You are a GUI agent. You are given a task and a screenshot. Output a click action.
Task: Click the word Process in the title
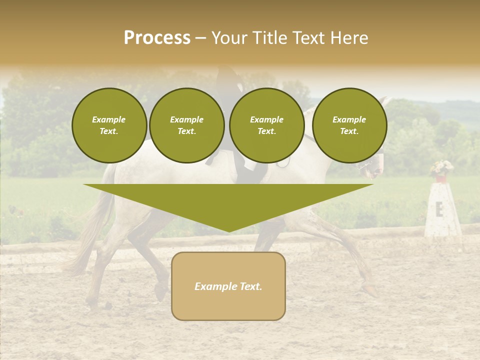pos(157,38)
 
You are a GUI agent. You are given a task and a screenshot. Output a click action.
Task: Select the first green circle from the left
pos(109,125)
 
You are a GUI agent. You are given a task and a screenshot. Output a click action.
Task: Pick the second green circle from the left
pos(187,125)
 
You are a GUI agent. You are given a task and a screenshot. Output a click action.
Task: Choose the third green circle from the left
pos(266,125)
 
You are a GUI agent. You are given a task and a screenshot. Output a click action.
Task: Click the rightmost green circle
pos(349,125)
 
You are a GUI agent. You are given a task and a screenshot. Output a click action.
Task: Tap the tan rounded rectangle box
pos(228,286)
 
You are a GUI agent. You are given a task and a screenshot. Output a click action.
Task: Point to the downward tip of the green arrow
pos(228,230)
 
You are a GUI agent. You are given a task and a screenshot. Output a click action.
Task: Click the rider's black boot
pos(246,170)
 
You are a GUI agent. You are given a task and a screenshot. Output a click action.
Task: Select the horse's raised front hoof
pos(370,289)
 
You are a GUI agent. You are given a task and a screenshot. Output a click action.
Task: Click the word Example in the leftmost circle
pos(109,119)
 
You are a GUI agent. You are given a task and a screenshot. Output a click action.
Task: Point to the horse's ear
pos(383,101)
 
